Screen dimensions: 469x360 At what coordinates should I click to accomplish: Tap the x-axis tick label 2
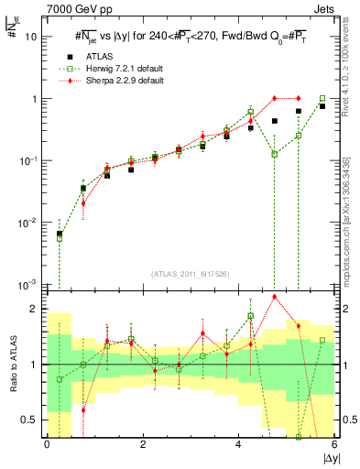[143, 445]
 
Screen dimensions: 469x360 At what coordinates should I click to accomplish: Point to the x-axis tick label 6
[334, 445]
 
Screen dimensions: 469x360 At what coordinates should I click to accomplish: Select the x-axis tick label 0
[47, 445]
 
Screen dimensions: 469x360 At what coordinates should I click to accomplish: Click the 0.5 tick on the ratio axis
[31, 420]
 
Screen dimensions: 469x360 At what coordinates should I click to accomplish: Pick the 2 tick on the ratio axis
[36, 309]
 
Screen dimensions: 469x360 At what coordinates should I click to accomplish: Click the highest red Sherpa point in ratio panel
[275, 297]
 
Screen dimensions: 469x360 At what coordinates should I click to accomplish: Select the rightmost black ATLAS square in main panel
[322, 106]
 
